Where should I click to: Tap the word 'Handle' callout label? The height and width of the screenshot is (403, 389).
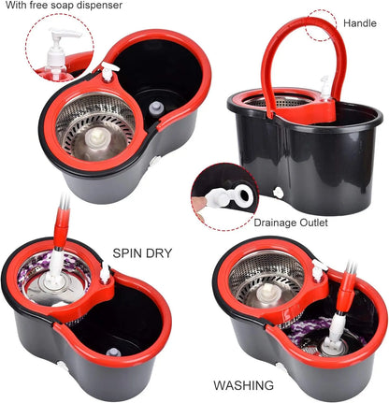click(x=360, y=22)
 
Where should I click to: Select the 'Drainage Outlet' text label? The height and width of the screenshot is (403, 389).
click(x=292, y=223)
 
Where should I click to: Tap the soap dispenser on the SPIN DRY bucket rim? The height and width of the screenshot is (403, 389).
click(x=106, y=274)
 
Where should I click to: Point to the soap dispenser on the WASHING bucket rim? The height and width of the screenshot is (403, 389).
click(x=319, y=269)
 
